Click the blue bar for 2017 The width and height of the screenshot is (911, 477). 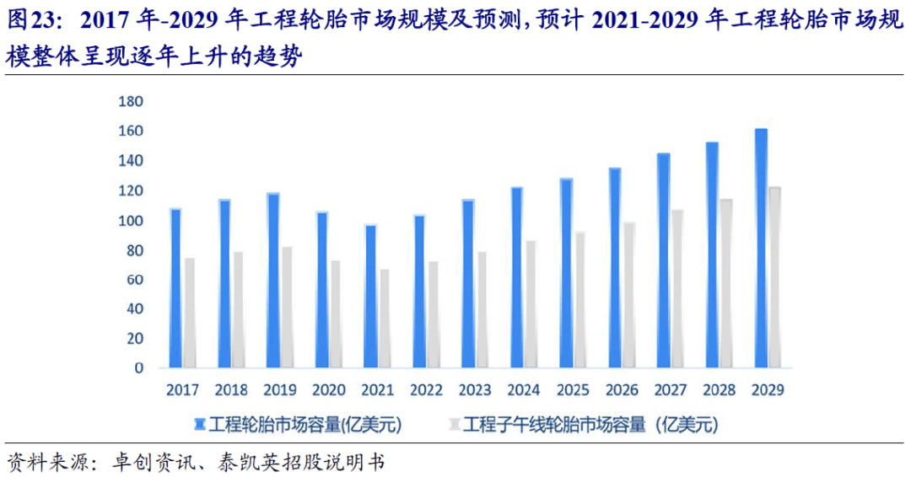tap(175, 288)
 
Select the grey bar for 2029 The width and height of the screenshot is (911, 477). tap(775, 277)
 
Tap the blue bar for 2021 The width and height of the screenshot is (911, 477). tap(370, 297)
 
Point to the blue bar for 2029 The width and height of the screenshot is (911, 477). tap(761, 249)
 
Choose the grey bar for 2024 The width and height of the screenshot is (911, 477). tap(531, 304)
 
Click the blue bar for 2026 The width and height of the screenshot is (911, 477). tap(615, 268)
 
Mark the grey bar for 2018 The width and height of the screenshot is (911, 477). tap(239, 309)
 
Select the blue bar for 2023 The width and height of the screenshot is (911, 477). tap(468, 284)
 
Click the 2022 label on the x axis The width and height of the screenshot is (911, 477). tap(426, 390)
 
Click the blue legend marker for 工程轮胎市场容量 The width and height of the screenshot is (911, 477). tap(200, 423)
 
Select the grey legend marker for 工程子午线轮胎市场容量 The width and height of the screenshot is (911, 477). tap(455, 423)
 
